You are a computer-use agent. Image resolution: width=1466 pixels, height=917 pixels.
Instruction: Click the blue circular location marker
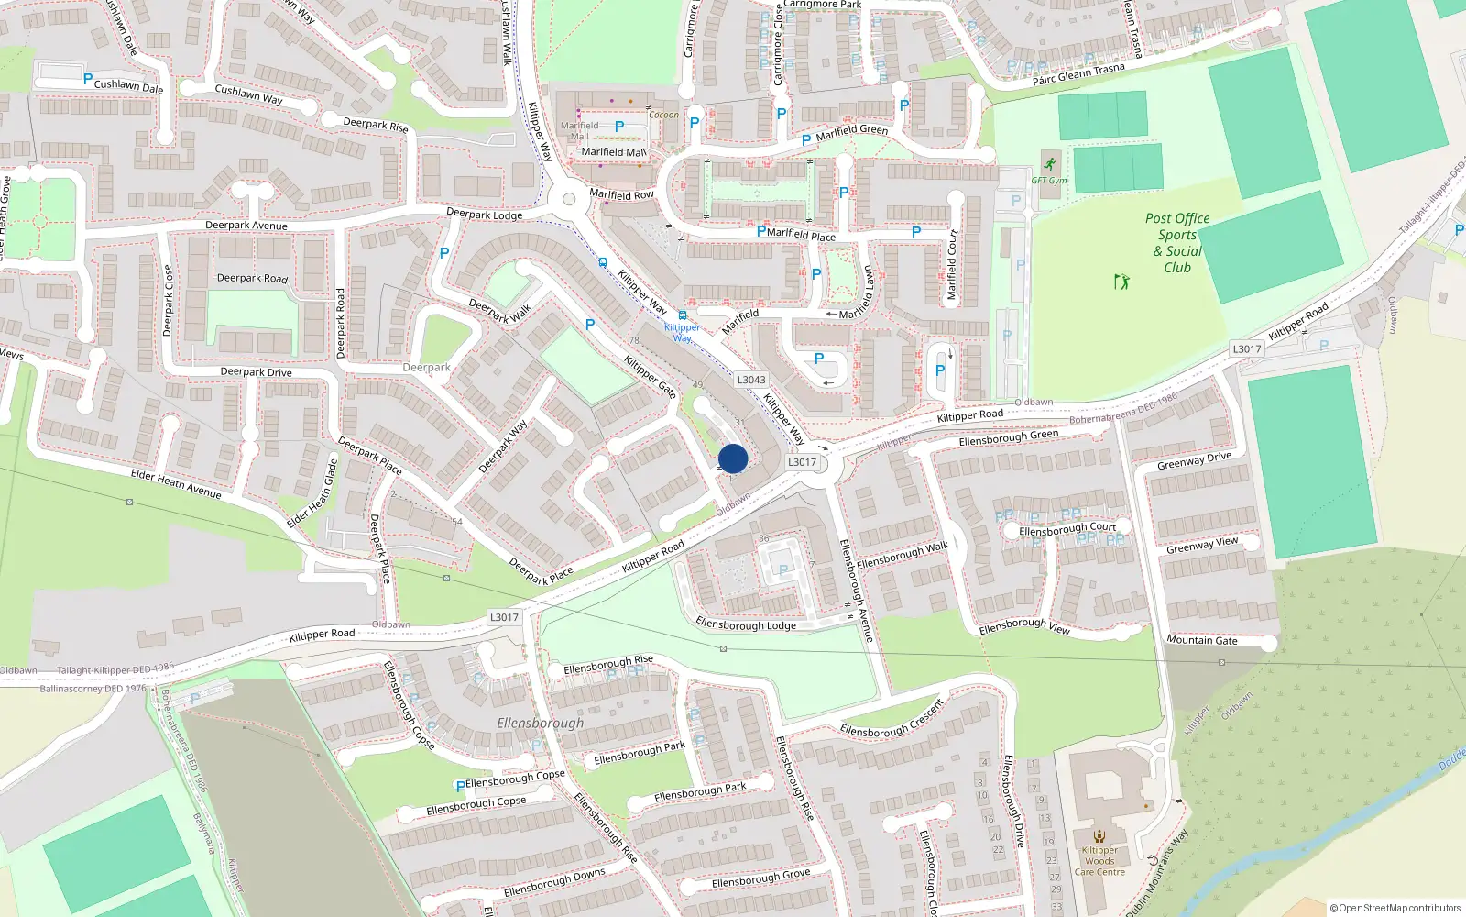(733, 458)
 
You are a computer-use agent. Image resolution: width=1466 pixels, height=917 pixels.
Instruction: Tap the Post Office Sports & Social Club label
(1177, 243)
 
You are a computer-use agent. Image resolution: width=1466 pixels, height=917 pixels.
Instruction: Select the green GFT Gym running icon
(1050, 165)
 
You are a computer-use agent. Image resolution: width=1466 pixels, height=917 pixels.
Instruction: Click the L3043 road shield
(751, 380)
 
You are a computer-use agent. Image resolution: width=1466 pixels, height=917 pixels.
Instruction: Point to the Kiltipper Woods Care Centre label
(1099, 861)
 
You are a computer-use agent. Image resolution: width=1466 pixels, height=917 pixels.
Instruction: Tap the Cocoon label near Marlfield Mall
(664, 116)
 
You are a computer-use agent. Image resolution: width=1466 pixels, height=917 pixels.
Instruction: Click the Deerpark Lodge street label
(484, 215)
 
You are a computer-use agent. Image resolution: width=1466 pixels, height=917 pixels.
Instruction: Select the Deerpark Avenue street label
(246, 226)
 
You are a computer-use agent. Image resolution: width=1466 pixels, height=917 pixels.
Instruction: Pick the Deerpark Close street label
(168, 301)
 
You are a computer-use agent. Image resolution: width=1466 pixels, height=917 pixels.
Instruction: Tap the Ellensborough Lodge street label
(746, 624)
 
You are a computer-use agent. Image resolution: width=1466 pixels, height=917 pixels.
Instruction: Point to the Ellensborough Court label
(1067, 529)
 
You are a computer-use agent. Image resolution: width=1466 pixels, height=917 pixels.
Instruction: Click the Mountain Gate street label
(1202, 640)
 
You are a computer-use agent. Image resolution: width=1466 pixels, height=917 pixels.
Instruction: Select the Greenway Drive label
(1194, 461)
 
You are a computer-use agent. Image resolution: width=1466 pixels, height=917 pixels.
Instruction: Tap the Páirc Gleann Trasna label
(1078, 74)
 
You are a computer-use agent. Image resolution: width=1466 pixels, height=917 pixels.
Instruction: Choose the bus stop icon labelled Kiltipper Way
(683, 315)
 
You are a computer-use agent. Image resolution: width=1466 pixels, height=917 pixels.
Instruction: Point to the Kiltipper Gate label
(650, 377)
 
